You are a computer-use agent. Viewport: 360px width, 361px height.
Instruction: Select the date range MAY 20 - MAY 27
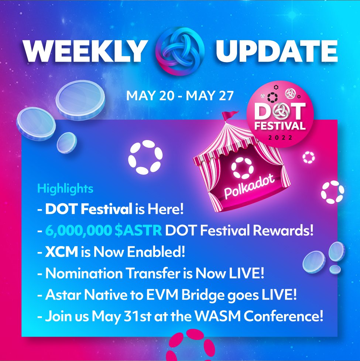point(180,96)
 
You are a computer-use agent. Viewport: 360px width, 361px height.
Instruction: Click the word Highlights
point(65,188)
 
